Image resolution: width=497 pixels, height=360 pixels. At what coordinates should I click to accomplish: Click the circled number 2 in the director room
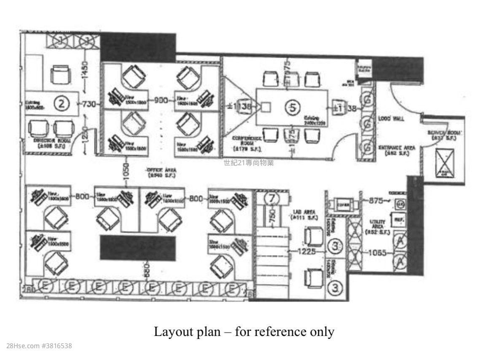[62, 103]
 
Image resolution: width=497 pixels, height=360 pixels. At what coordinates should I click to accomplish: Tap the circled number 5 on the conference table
[292, 107]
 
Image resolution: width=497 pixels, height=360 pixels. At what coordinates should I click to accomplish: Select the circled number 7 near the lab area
[272, 197]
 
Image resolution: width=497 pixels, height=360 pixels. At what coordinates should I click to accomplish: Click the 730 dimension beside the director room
[89, 104]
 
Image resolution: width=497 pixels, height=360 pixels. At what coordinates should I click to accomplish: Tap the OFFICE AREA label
[161, 172]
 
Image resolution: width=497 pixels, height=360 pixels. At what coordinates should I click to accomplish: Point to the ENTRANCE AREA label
[397, 150]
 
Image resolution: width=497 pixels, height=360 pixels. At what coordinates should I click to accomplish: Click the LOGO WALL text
[392, 119]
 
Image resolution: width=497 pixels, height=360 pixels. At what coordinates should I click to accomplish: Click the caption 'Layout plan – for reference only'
[244, 332]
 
